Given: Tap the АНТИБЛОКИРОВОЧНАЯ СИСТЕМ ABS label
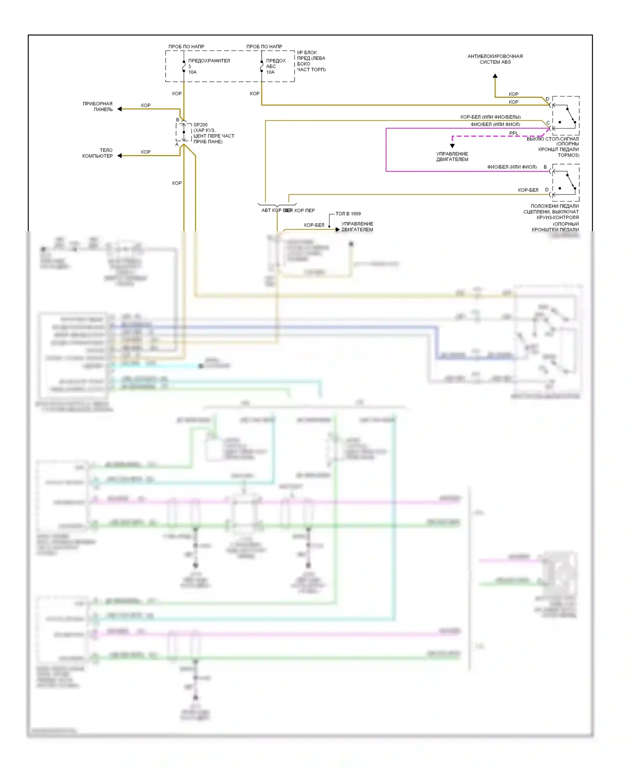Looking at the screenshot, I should pyautogui.click(x=495, y=59).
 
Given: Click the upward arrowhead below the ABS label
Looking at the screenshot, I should pyautogui.click(x=495, y=76).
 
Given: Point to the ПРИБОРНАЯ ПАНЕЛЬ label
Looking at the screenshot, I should pyautogui.click(x=98, y=106).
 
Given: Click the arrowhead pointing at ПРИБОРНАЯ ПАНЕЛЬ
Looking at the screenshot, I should pyautogui.click(x=120, y=109).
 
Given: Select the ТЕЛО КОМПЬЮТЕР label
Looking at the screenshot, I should pyautogui.click(x=98, y=153).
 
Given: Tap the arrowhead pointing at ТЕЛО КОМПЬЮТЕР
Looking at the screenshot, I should pyautogui.click(x=120, y=156).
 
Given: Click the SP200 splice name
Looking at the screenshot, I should pyautogui.click(x=201, y=125).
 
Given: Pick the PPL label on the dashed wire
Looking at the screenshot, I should pyautogui.click(x=514, y=133).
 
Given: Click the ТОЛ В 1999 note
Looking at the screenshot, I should pyautogui.click(x=348, y=214).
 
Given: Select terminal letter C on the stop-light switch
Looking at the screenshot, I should pyautogui.click(x=548, y=123).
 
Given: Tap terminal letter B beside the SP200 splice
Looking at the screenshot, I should pyautogui.click(x=177, y=120).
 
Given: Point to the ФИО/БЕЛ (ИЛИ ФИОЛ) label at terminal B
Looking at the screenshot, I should pyautogui.click(x=512, y=167).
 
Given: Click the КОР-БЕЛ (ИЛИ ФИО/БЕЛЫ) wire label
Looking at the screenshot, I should pyautogui.click(x=490, y=117).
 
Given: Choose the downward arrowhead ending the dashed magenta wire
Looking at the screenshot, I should pyautogui.click(x=452, y=146).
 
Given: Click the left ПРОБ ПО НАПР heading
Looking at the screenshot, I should pyautogui.click(x=186, y=46).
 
